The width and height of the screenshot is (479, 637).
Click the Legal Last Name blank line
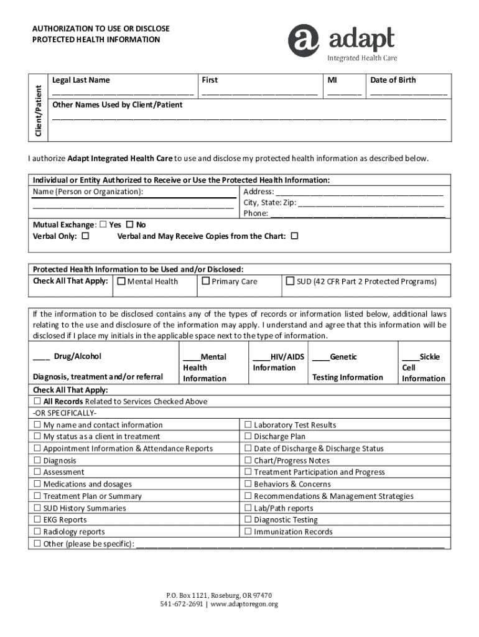click(123, 94)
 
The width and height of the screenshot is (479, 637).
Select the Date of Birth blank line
click(409, 94)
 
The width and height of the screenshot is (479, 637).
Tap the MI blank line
click(345, 94)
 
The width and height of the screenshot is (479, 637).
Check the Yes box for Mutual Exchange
click(103, 225)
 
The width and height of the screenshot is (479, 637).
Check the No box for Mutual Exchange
click(130, 225)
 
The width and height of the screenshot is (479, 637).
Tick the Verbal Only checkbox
click(85, 236)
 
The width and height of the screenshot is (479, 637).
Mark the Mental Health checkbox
click(121, 282)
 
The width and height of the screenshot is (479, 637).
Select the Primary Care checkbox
click(205, 282)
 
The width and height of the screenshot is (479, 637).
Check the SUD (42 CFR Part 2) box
click(290, 282)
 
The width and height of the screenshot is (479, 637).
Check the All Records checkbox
click(37, 401)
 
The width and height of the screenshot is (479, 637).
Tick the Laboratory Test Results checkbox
click(248, 425)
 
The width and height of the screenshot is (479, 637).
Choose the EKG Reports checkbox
click(37, 519)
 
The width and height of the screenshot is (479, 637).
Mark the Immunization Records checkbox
click(248, 531)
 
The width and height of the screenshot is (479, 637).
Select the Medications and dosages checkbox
click(37, 484)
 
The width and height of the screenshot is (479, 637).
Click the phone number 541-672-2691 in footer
click(181, 604)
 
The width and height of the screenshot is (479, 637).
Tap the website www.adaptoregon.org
click(244, 604)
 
